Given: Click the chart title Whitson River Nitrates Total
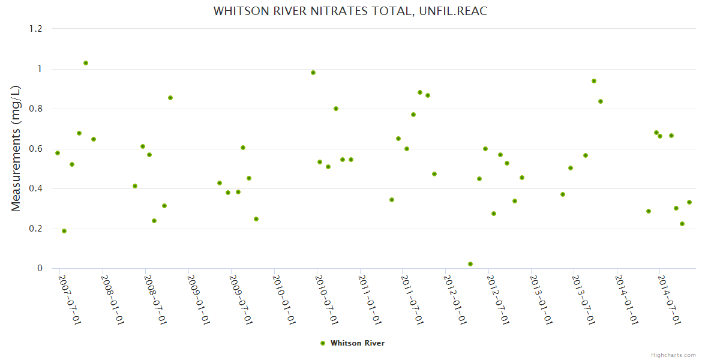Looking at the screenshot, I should [350, 11].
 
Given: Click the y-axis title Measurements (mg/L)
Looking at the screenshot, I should [16, 148].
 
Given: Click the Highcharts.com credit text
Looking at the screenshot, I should [673, 355].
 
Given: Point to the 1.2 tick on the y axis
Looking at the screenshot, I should [37, 29].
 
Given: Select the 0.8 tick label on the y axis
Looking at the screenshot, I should [37, 109].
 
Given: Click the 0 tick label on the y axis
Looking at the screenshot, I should [40, 268].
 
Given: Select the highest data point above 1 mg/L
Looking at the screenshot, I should [86, 63].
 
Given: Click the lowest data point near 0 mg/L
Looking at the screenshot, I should [470, 264].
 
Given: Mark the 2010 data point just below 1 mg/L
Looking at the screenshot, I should [313, 73].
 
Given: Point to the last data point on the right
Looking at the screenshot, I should [689, 202].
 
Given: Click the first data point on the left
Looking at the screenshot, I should [58, 153].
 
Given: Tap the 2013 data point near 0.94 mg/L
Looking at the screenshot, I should [594, 81].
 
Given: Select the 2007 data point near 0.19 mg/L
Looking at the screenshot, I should [64, 231].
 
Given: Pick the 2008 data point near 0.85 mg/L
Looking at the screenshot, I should [170, 98].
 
